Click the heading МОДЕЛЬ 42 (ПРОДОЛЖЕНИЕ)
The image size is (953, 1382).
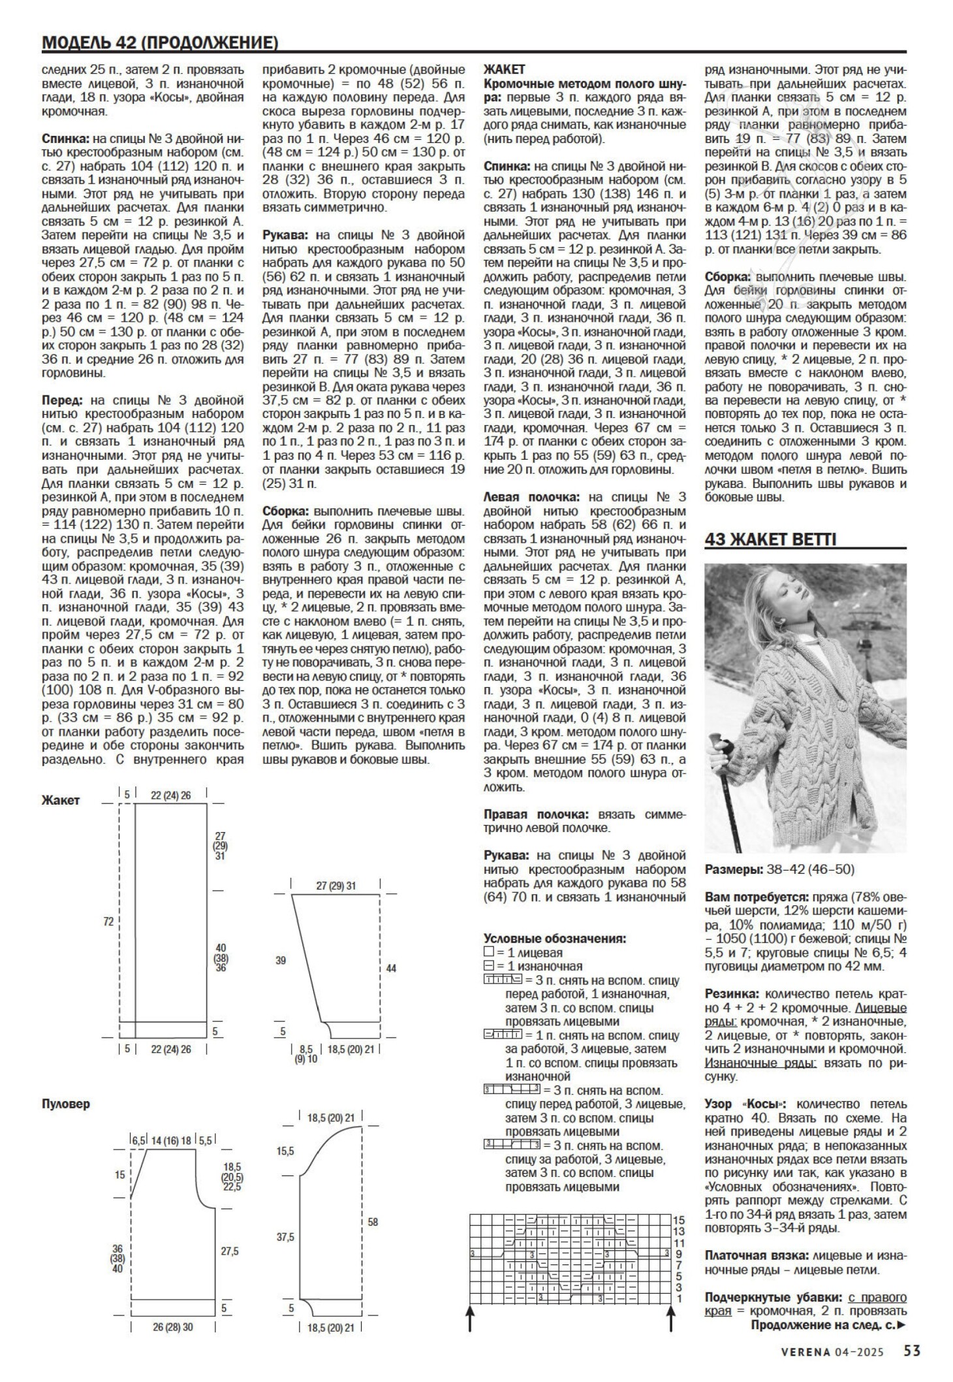[160, 43]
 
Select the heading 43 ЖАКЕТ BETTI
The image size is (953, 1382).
[770, 539]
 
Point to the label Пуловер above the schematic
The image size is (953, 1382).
[66, 1104]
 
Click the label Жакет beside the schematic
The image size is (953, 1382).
[60, 800]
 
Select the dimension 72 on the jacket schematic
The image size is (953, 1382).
[108, 922]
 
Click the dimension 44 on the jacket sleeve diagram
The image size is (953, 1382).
[391, 969]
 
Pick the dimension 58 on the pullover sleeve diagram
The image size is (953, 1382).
[373, 1221]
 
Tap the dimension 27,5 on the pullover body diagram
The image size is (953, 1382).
[229, 1251]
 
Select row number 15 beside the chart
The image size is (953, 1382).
[679, 1219]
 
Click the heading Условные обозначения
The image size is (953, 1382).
[555, 939]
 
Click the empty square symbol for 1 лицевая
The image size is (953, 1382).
[488, 952]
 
